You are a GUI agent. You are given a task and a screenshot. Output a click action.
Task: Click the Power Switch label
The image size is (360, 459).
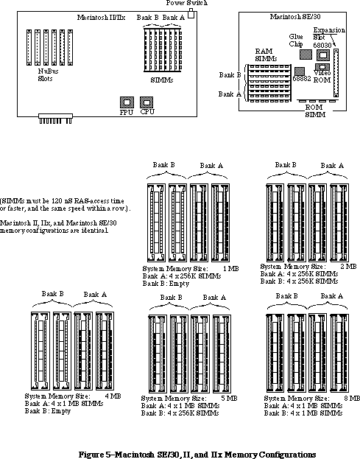tap(187, 3)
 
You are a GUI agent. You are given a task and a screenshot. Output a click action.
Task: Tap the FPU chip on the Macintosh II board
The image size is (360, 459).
tap(127, 102)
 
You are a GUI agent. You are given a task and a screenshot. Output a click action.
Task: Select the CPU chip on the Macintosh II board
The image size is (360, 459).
tap(147, 102)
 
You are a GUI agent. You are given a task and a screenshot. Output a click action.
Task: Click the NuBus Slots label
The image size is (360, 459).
tap(48, 74)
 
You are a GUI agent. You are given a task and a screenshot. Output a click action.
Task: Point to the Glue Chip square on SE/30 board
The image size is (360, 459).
tap(306, 55)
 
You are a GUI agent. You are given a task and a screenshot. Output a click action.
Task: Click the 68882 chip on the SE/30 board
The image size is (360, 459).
tap(299, 71)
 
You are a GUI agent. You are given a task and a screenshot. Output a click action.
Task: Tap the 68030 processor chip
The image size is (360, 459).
tap(323, 55)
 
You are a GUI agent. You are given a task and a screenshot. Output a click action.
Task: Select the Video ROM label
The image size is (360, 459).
tap(322, 77)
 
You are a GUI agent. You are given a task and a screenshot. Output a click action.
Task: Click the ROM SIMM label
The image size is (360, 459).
tap(314, 111)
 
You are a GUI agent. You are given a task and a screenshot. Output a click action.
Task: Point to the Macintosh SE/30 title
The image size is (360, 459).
tap(295, 17)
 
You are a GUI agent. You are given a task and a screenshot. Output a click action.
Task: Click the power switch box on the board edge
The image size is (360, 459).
tap(191, 13)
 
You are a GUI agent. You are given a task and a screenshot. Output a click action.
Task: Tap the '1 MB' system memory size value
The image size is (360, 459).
tap(230, 268)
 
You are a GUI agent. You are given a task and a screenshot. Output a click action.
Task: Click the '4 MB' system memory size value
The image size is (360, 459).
tap(113, 396)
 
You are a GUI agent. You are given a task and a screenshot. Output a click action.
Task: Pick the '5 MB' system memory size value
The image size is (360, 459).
tap(229, 399)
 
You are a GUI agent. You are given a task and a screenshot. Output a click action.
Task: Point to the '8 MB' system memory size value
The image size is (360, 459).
tap(352, 399)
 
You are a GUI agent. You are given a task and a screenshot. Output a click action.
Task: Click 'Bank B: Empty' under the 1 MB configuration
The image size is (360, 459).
tap(166, 284)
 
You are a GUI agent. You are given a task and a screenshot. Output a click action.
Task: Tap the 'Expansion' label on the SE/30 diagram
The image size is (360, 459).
tap(329, 30)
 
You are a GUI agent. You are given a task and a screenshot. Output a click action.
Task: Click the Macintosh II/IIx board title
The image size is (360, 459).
tap(101, 17)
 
